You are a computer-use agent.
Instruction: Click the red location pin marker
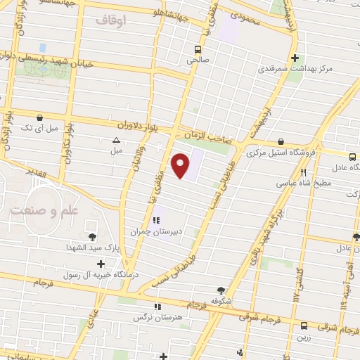[181, 165]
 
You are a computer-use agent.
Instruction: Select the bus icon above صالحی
[198, 50]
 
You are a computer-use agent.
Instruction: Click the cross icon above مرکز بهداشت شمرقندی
[295, 58]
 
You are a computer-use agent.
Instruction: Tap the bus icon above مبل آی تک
[38, 117]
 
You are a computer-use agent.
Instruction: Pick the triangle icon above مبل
[117, 140]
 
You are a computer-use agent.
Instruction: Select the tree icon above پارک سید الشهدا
[93, 236]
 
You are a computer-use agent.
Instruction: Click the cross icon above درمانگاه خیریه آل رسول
[101, 264]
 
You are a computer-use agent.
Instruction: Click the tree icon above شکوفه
[221, 290]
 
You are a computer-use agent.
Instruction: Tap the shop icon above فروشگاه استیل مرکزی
[281, 141]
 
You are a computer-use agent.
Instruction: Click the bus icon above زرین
[304, 326]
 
